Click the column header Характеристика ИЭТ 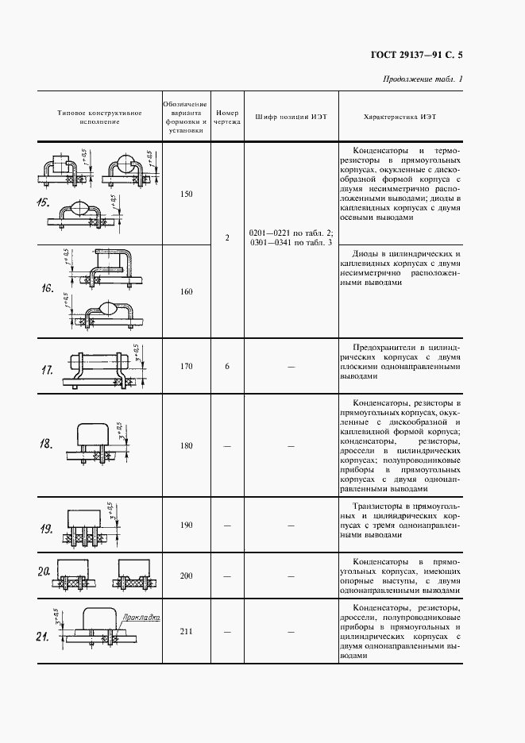pyautogui.click(x=400, y=117)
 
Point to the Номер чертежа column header pyautogui.click(x=227, y=117)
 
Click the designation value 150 pyautogui.click(x=187, y=194)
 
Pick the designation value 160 pyautogui.click(x=187, y=292)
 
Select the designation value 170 pyautogui.click(x=187, y=367)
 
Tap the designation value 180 pyautogui.click(x=187, y=446)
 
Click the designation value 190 pyautogui.click(x=187, y=525)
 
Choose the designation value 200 pyautogui.click(x=187, y=576)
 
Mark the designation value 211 pyautogui.click(x=187, y=632)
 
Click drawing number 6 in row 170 pyautogui.click(x=227, y=367)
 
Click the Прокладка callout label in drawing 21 pyautogui.click(x=143, y=616)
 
